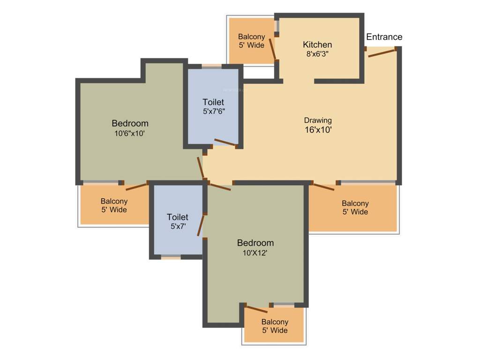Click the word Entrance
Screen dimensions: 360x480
[384, 37]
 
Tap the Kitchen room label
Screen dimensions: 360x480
[317, 45]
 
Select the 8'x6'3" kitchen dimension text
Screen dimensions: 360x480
[317, 54]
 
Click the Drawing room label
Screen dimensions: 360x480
[318, 120]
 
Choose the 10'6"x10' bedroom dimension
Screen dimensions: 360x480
[130, 133]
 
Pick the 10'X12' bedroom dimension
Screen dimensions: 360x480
[255, 253]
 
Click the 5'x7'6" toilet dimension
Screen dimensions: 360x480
[213, 112]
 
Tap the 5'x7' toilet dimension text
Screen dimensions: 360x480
[178, 226]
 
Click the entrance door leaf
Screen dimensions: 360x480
[382, 52]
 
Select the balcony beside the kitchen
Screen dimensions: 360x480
[251, 41]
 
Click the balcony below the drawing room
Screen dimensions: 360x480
[355, 208]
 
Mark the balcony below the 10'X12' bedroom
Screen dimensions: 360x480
[275, 326]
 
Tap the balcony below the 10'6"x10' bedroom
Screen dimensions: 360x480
[114, 205]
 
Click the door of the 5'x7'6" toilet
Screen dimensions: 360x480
[225, 143]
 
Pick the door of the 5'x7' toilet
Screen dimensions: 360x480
[202, 226]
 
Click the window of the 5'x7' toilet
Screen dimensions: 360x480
[171, 257]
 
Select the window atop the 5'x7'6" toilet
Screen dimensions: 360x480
[212, 66]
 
